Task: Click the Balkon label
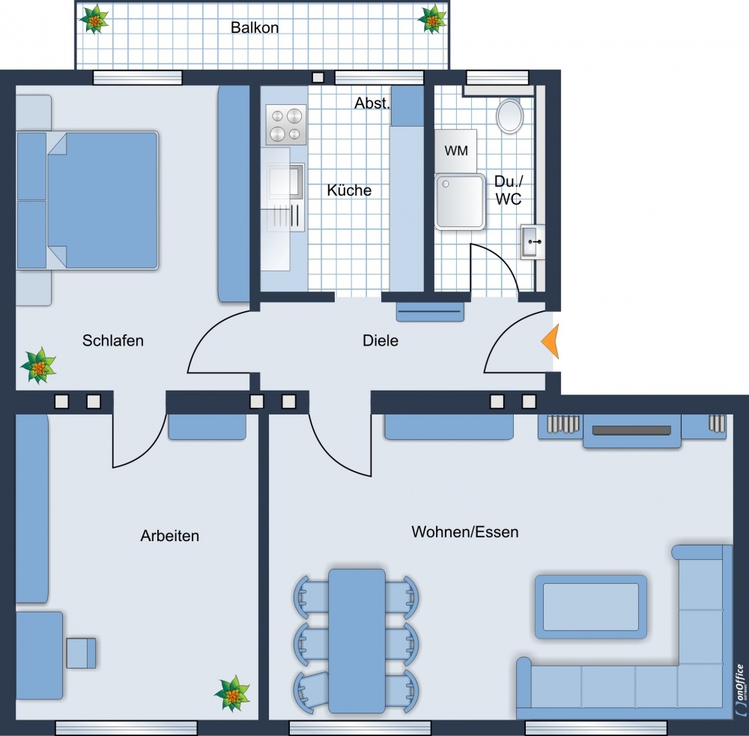click(255, 28)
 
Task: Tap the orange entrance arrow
click(551, 341)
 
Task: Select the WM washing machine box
click(455, 151)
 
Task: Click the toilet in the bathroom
click(509, 116)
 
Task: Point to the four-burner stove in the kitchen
click(285, 124)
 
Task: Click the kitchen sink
click(285, 181)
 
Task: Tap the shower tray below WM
click(460, 202)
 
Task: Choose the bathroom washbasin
click(532, 242)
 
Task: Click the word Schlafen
click(113, 341)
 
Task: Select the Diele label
click(380, 341)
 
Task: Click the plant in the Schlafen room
click(38, 366)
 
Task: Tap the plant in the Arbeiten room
click(232, 693)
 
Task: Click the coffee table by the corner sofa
click(591, 607)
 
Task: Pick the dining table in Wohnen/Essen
click(357, 641)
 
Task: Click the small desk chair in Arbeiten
click(81, 653)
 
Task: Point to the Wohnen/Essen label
click(465, 532)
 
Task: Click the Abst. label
click(372, 103)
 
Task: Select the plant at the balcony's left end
click(94, 19)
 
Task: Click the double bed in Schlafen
click(87, 201)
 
